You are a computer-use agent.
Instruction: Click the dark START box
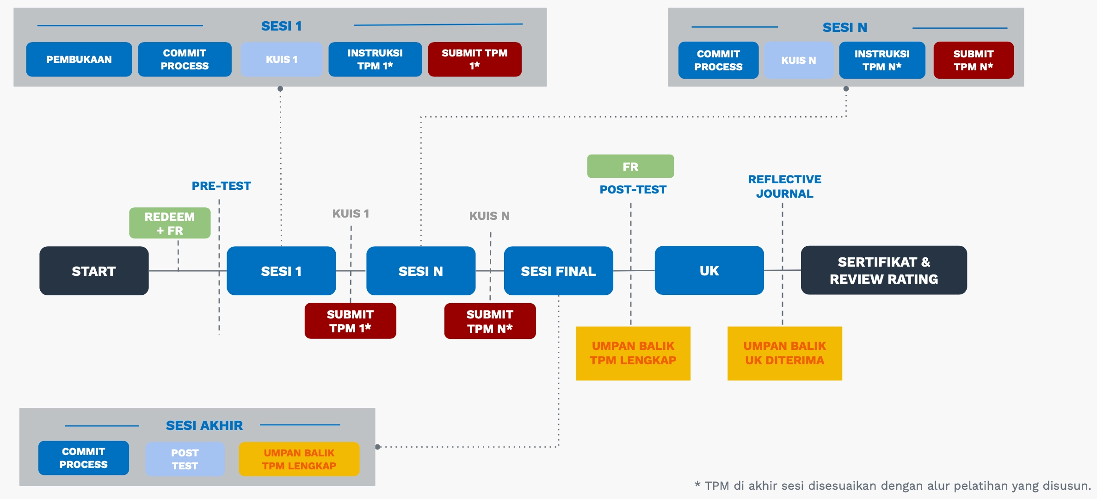point(94,271)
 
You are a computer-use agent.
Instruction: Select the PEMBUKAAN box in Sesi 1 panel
point(79,59)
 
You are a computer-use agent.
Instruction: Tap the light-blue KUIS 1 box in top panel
point(281,59)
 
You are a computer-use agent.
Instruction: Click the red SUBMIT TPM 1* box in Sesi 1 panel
point(475,59)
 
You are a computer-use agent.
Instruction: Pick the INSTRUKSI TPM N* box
point(881,60)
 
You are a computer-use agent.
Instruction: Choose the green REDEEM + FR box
point(170,223)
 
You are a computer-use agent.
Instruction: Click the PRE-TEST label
point(221,186)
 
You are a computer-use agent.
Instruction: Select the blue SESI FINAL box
point(558,271)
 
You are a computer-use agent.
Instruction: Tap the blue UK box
point(709,270)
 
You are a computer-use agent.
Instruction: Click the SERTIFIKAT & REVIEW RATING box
point(883,270)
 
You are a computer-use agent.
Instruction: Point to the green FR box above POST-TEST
point(630,166)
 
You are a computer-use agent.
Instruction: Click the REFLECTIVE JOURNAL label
point(784,186)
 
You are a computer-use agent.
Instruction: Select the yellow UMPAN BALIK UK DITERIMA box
point(784,353)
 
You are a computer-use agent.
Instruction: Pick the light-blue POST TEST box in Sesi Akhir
point(185,459)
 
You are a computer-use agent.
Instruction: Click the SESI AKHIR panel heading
point(204,425)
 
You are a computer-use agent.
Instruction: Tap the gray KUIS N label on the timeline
point(489,216)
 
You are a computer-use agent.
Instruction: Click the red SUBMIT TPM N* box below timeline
point(490,321)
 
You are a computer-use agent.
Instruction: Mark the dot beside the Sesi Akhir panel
point(378,447)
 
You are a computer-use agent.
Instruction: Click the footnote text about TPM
point(892,486)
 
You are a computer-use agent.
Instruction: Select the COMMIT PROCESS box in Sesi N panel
point(718,60)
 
